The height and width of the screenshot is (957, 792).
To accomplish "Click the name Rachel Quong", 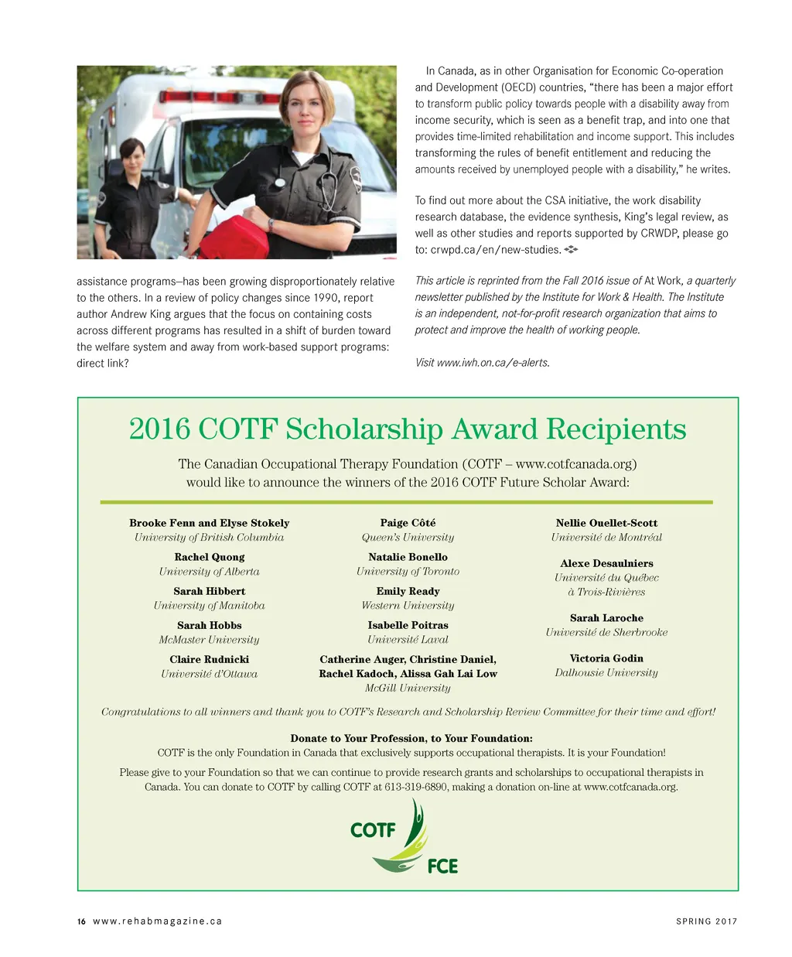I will (209, 557).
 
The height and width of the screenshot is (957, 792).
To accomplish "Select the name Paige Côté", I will (408, 523).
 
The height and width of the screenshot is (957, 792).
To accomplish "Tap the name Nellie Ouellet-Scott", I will (606, 523).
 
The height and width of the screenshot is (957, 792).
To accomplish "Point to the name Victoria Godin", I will (606, 658).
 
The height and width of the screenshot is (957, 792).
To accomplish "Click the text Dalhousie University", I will (606, 673).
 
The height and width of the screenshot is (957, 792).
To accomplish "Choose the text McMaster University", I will (209, 640).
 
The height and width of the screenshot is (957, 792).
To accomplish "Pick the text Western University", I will (408, 606).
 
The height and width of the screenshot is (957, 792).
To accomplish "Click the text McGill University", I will (408, 688).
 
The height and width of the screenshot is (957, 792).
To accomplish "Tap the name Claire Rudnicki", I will (209, 659).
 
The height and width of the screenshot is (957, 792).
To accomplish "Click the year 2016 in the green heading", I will (160, 429).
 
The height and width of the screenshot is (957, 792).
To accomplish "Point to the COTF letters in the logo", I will (373, 830).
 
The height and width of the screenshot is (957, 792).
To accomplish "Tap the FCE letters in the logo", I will (442, 866).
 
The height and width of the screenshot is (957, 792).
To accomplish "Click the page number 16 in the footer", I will (81, 921).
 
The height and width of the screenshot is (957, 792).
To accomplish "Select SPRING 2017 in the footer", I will (706, 921).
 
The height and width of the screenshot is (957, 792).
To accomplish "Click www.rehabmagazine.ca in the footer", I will (157, 921).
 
